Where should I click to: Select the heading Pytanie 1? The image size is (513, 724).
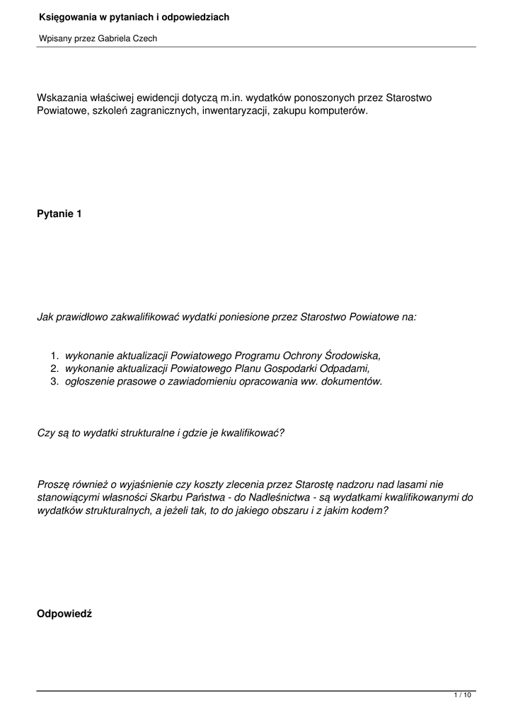click(59, 214)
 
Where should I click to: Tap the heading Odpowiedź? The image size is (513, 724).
click(64, 614)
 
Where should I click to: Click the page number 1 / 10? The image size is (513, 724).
click(462, 696)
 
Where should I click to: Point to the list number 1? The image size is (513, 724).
click(54, 356)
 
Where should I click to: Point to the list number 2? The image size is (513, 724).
click(54, 368)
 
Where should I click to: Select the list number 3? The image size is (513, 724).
click(54, 381)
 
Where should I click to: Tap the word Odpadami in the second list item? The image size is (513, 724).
click(347, 368)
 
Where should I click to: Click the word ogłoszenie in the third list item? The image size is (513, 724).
click(89, 381)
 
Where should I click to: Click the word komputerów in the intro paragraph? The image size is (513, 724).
click(338, 111)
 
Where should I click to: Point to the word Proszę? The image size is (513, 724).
click(54, 484)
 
